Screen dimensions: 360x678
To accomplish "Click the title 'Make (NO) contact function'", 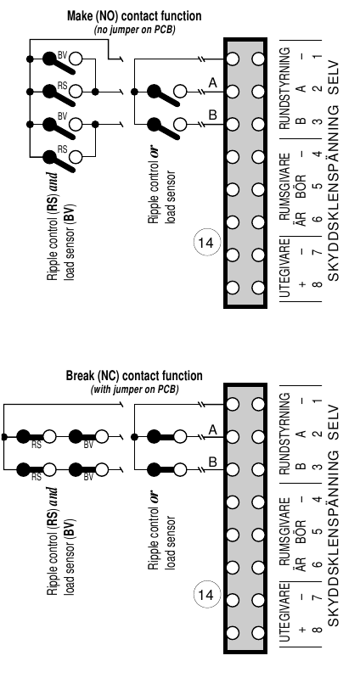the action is click(x=134, y=16).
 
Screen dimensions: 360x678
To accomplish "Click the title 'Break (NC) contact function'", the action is click(x=134, y=376).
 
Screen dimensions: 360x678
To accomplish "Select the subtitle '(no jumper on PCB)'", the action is click(x=134, y=31).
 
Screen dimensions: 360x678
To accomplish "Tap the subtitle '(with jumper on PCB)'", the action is click(x=134, y=389).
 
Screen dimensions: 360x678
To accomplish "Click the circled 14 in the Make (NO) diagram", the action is click(x=206, y=243).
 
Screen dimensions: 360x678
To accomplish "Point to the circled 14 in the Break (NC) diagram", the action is click(x=206, y=595).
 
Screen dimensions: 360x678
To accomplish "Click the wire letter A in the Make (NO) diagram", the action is click(x=212, y=82).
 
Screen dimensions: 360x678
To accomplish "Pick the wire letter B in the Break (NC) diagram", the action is click(x=212, y=462).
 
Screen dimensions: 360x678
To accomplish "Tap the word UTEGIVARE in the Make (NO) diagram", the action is click(x=284, y=268).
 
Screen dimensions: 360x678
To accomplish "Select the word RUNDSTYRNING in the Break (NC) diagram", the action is click(x=284, y=434).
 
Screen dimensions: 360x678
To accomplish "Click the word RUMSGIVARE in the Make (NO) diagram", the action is click(x=284, y=187).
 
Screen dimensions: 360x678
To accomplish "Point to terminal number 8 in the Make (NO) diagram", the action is click(x=318, y=284).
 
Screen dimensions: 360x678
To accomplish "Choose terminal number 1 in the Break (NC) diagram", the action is click(x=318, y=401).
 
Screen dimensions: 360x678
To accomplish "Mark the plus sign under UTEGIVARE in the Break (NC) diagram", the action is click(x=302, y=630).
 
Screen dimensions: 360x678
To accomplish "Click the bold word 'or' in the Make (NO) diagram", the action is click(x=154, y=154).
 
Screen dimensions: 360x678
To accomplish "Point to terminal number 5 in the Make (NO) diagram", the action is click(x=318, y=187).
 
